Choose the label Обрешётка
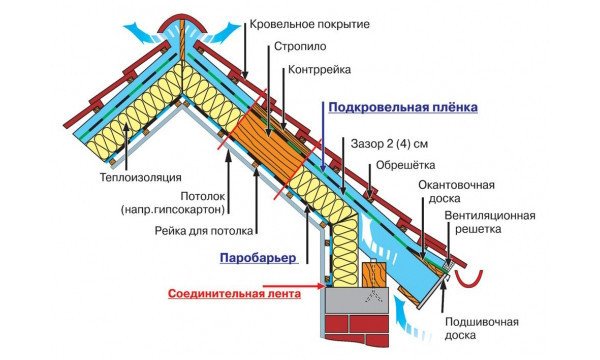[404, 166]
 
